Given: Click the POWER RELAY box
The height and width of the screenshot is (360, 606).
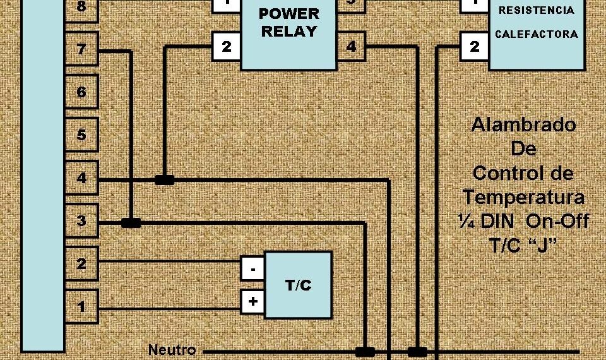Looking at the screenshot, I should pos(288,35).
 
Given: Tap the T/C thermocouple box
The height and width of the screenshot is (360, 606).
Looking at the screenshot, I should pos(298,285).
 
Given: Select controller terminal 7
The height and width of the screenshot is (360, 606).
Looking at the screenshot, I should pos(81,49).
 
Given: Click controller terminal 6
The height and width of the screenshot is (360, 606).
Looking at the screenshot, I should pos(81,92).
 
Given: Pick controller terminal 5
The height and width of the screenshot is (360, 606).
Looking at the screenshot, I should pos(81,135).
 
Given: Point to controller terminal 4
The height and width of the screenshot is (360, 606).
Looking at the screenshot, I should pos(81,178).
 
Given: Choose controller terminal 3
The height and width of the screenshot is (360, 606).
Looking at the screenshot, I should pos(81,221).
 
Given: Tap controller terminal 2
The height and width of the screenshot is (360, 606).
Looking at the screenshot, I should pos(81,264).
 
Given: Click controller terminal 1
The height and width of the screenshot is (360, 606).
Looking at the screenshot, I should pos(81,307).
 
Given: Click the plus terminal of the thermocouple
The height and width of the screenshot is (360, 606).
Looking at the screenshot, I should pos(252,302).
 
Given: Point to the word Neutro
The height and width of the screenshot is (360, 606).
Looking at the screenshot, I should pos(172,350).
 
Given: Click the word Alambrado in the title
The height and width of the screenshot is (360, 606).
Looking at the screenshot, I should pos(523,125).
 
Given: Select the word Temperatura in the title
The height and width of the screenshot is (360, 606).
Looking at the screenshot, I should pos(523,197).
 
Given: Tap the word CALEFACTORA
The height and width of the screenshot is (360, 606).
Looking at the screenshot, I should pos(536,34).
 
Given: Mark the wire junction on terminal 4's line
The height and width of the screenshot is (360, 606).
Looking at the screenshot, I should pos(164,180).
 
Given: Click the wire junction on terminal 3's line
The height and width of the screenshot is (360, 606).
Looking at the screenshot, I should pos(131,223).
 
